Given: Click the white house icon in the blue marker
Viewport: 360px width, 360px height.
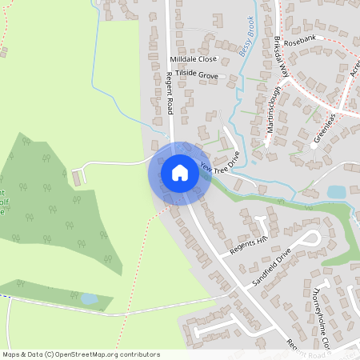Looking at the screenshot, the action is (x=180, y=173).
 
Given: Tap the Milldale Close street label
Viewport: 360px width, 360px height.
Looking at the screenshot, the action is (x=193, y=59).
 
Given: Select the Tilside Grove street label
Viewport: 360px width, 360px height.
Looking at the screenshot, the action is (x=197, y=75).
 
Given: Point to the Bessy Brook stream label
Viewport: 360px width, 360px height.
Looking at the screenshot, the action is (x=246, y=36).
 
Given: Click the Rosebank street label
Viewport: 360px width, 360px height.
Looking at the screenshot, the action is (x=311, y=37).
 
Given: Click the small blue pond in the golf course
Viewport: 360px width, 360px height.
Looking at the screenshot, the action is (x=90, y=298).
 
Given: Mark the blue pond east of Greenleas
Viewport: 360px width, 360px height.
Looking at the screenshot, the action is (x=336, y=192).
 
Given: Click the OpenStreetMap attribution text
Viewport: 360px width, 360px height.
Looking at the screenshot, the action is (x=81, y=354).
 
